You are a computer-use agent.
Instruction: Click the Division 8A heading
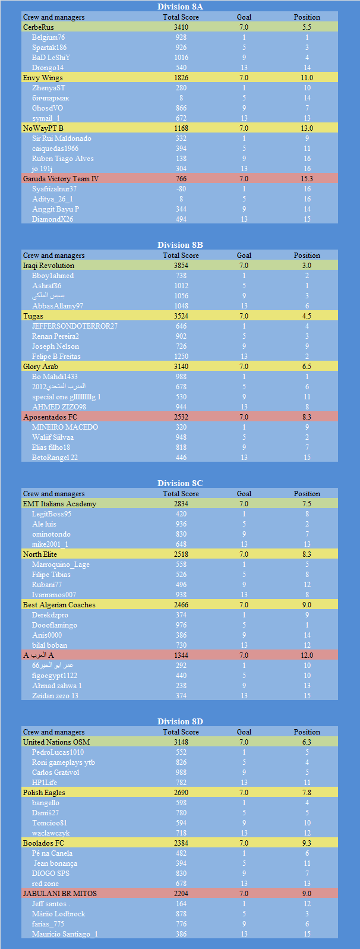click(180, 7)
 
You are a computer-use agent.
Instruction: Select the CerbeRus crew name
click(38, 27)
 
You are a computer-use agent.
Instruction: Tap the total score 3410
click(181, 27)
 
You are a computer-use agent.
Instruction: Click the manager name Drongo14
click(48, 68)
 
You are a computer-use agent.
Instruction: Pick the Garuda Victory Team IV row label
click(61, 179)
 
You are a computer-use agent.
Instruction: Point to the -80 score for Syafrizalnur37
click(181, 189)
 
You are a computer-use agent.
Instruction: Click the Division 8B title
click(180, 245)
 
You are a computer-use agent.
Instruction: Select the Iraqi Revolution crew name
click(49, 266)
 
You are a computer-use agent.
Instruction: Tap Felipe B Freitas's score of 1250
click(181, 357)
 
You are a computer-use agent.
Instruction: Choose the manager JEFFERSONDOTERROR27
click(75, 326)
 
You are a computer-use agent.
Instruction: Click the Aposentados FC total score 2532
click(181, 417)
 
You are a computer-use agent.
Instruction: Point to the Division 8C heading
click(180, 483)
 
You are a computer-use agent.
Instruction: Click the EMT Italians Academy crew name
click(59, 504)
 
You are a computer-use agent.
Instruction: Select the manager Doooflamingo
click(55, 625)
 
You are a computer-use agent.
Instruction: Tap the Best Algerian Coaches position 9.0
click(307, 605)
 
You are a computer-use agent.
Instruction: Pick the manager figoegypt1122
click(55, 676)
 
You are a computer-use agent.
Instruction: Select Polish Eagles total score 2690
click(181, 793)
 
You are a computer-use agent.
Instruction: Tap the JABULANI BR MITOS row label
click(59, 894)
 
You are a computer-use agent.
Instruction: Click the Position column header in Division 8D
click(307, 732)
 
